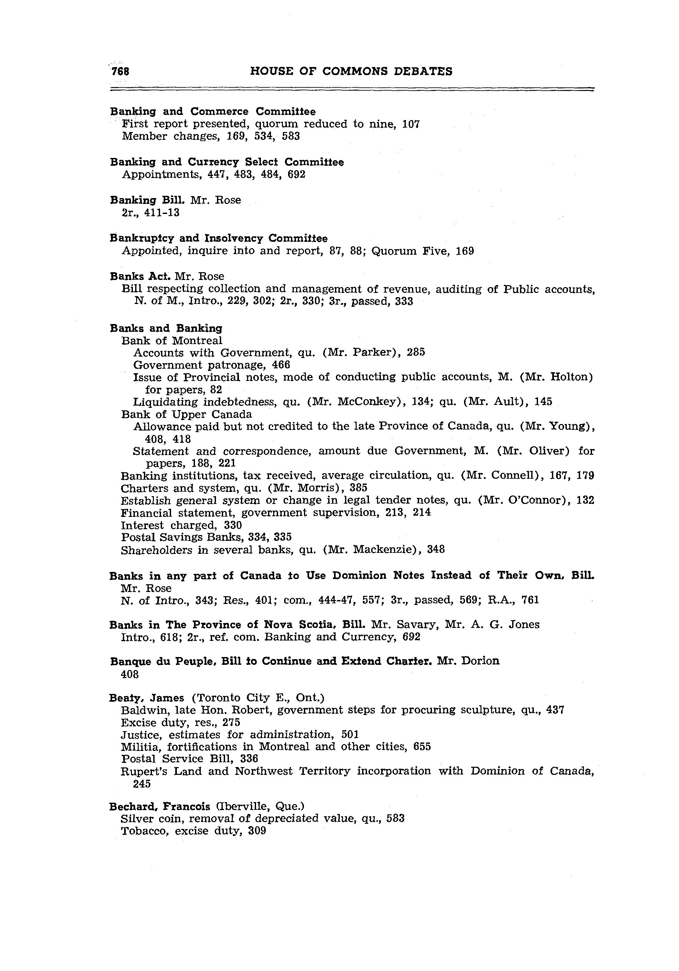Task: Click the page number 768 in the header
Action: (x=120, y=72)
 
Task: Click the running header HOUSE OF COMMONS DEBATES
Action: (x=351, y=72)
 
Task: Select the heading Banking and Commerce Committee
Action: (x=212, y=112)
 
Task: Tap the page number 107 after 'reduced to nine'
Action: (x=411, y=124)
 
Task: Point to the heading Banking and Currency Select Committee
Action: (x=227, y=162)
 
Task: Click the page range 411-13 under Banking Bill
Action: (x=162, y=213)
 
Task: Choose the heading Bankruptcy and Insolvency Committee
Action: (x=219, y=239)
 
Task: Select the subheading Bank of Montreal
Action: (x=172, y=340)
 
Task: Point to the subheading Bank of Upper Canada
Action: (x=186, y=414)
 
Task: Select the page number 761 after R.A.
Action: (x=530, y=600)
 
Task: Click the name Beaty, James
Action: (x=146, y=698)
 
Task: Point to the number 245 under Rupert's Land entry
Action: (x=142, y=784)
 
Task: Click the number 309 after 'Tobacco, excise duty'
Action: (x=257, y=831)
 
